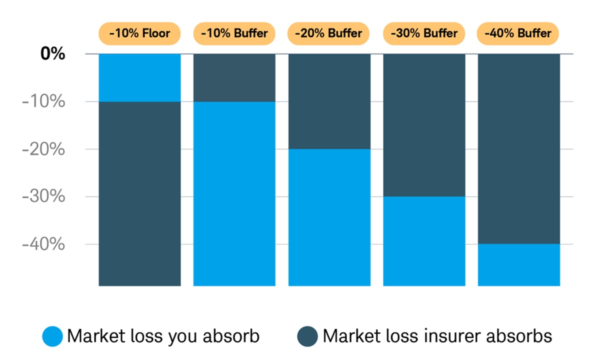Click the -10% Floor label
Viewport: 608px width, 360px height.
pyautogui.click(x=139, y=33)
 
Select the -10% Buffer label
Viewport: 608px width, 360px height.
pyautogui.click(x=234, y=33)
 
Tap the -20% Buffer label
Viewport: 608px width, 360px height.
pyautogui.click(x=328, y=33)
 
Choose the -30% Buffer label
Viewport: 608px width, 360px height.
pyautogui.click(x=424, y=33)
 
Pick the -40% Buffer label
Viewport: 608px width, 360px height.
pyautogui.click(x=518, y=33)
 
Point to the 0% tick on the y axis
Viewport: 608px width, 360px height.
pyautogui.click(x=52, y=53)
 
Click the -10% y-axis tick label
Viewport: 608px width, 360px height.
pyautogui.click(x=43, y=101)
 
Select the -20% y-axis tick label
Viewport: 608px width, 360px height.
pyautogui.click(x=43, y=149)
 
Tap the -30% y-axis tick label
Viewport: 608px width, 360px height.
pyautogui.click(x=43, y=196)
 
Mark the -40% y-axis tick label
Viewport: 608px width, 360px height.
pyautogui.click(x=43, y=244)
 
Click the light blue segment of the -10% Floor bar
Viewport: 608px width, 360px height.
pyautogui.click(x=139, y=77)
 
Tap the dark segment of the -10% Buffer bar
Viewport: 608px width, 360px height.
pyautogui.click(x=234, y=77)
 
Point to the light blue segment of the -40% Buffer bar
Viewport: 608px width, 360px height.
pyautogui.click(x=518, y=265)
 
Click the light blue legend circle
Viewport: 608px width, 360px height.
pyautogui.click(x=52, y=336)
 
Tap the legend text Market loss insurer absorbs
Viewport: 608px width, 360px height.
pyautogui.click(x=437, y=336)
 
